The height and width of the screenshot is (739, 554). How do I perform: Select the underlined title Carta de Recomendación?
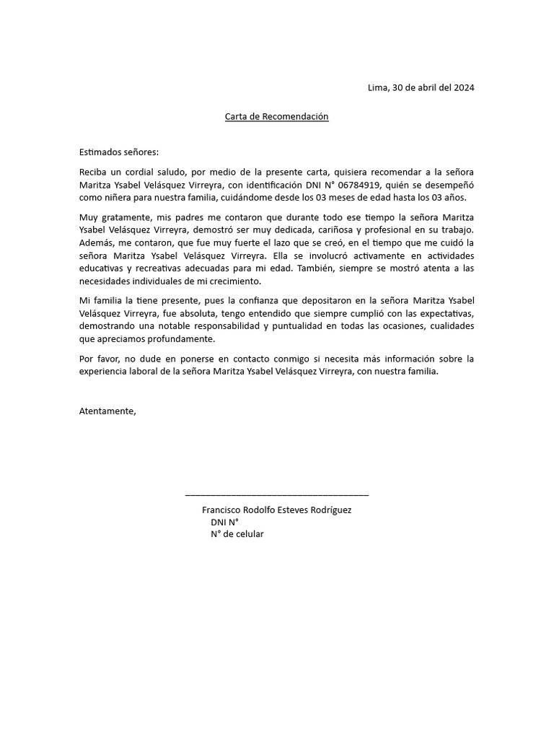(277, 116)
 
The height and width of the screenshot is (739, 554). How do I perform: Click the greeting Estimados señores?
(118, 152)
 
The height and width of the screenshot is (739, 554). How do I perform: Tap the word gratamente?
(123, 217)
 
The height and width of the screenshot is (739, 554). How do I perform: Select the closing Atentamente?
(107, 411)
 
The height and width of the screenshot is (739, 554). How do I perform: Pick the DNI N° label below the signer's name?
(224, 522)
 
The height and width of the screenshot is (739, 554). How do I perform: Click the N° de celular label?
(237, 534)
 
